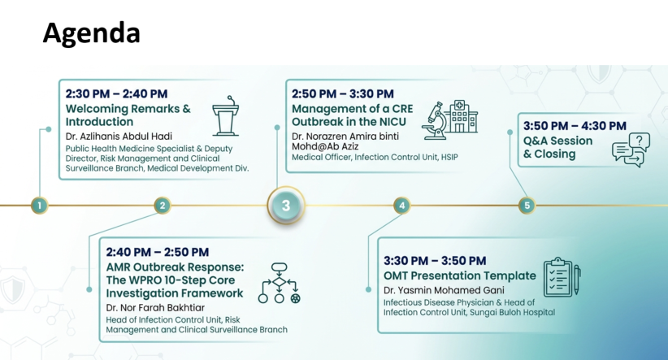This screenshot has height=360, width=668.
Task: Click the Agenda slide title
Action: [92, 33]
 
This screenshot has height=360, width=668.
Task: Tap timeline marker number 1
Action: [40, 206]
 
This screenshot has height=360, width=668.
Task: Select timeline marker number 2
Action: [163, 206]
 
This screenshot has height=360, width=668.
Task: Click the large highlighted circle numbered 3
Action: [286, 206]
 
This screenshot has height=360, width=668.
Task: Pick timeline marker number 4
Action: [401, 206]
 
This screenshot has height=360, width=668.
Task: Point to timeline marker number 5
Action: [527, 206]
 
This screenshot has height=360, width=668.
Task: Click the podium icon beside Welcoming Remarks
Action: [226, 116]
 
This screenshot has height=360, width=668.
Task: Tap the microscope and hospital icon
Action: [449, 119]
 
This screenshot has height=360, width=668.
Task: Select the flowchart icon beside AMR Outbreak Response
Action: [279, 284]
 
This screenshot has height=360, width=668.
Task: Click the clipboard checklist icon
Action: [562, 277]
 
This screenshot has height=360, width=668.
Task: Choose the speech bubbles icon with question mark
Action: [631, 150]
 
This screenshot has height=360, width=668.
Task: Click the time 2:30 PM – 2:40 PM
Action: [116, 93]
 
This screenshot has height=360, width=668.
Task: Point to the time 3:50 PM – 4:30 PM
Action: [575, 126]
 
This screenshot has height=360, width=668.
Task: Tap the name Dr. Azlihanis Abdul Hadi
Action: [119, 137]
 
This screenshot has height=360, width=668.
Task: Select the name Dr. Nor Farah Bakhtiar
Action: [155, 308]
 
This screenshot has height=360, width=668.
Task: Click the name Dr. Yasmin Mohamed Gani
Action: [444, 290]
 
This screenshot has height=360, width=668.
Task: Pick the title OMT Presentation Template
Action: [460, 275]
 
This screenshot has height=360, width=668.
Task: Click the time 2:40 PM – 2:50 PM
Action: [157, 252]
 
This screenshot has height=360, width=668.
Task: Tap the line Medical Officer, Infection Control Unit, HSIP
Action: [375, 157]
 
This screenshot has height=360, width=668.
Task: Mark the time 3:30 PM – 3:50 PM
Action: [435, 261]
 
